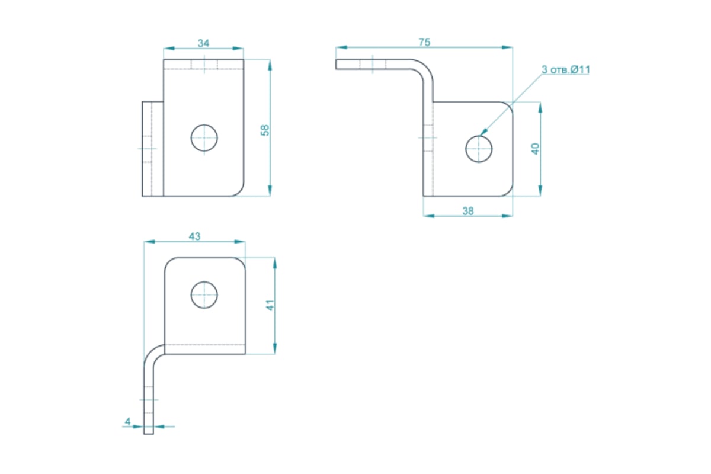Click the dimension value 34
click(203, 43)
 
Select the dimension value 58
click(265, 130)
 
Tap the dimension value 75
click(424, 42)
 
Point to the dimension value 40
click(535, 149)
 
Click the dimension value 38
click(468, 211)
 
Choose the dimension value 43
click(194, 236)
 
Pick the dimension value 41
click(270, 305)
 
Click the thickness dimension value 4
click(127, 422)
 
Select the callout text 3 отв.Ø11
click(566, 69)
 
